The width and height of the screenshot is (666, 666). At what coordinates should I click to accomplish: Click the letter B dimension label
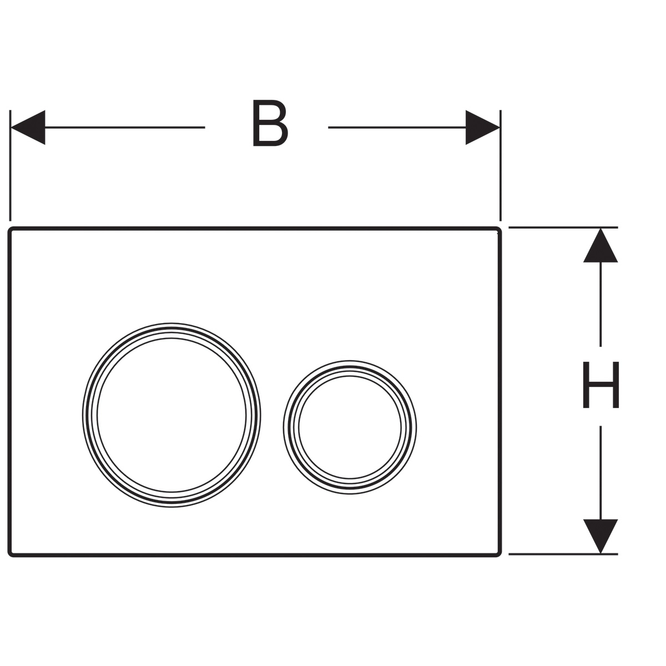click(x=270, y=123)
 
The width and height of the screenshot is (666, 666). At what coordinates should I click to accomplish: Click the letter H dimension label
click(x=601, y=385)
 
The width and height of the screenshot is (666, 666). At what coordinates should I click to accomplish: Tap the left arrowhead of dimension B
click(x=28, y=127)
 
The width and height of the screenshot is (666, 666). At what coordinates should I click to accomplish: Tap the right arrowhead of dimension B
click(x=482, y=127)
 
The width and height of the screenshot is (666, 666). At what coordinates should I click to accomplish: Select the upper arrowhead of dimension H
click(x=601, y=245)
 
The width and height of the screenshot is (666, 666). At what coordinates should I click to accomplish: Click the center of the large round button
click(x=171, y=415)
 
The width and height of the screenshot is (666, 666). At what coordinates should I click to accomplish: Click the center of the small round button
click(x=350, y=427)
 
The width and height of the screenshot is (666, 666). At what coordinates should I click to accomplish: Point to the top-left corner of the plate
click(x=8, y=228)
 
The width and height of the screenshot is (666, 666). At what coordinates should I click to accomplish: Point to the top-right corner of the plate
click(x=501, y=228)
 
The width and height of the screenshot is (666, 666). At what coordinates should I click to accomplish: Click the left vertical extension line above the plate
click(x=11, y=165)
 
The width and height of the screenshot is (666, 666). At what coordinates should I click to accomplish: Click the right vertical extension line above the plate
click(x=501, y=165)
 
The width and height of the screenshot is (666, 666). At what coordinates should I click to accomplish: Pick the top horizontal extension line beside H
click(x=563, y=228)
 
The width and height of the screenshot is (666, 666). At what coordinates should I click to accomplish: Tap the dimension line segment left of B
click(x=125, y=127)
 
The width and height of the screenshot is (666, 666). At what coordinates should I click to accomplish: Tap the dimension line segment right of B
click(x=397, y=127)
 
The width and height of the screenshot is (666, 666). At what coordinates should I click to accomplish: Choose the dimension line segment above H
click(x=601, y=304)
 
